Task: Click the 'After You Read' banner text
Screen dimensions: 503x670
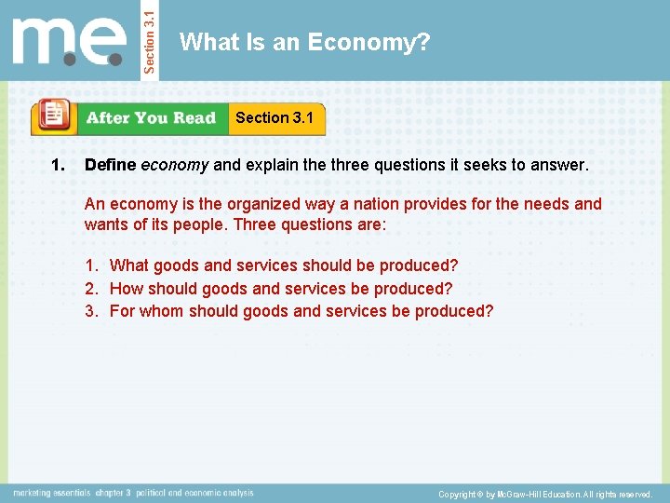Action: (151, 118)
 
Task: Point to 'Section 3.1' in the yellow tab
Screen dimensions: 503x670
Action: (275, 117)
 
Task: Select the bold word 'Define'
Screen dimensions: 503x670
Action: (110, 166)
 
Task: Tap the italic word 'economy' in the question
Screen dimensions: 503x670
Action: (174, 166)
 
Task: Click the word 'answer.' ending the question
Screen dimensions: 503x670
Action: (561, 166)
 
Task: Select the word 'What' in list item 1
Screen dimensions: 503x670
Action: (128, 265)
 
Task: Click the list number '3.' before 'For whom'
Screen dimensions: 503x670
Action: (92, 310)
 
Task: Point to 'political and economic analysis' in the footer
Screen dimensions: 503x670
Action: (194, 493)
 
